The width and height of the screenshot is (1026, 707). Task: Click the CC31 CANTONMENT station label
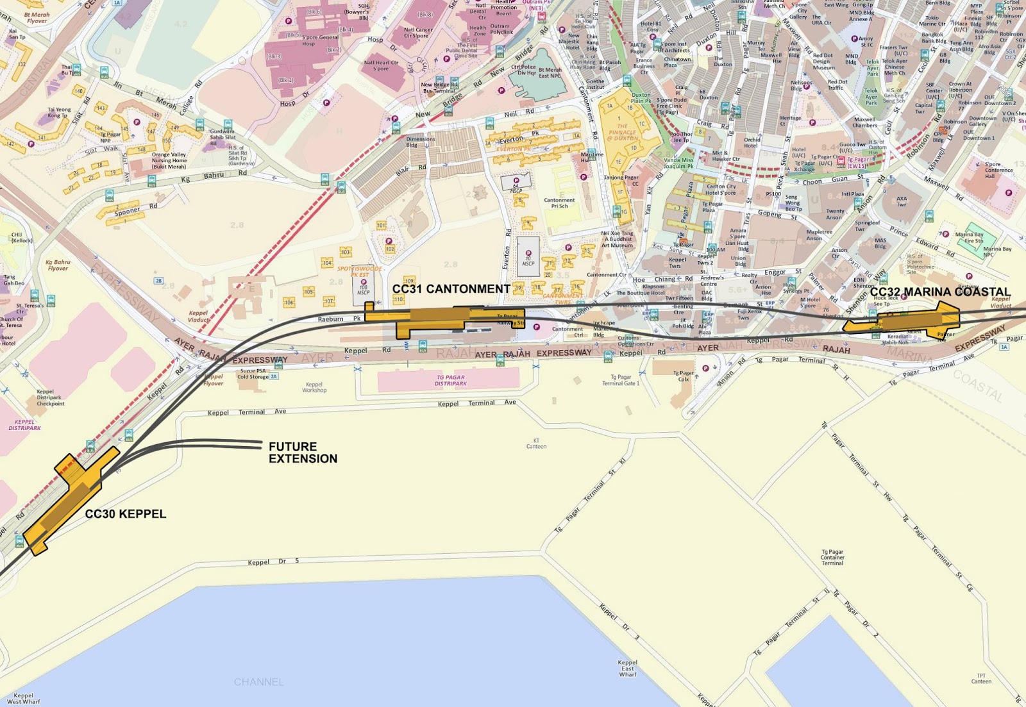(x=451, y=289)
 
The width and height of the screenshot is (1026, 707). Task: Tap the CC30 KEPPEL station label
(x=126, y=514)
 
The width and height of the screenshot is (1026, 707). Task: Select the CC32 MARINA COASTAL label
(x=939, y=292)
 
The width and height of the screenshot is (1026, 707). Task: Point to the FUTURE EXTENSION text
(x=302, y=453)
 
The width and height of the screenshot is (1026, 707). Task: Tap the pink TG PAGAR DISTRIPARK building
(x=449, y=380)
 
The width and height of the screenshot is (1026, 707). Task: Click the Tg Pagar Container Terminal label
(x=832, y=557)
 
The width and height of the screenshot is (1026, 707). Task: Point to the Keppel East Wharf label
(x=627, y=668)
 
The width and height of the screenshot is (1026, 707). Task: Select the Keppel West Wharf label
(x=24, y=699)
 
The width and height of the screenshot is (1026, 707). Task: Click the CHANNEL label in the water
(x=258, y=682)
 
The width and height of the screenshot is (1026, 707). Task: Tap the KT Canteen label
(x=536, y=444)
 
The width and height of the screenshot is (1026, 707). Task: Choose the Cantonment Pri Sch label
(x=559, y=203)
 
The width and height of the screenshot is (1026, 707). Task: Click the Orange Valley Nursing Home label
(x=169, y=160)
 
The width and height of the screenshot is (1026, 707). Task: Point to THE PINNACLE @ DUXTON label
(x=623, y=132)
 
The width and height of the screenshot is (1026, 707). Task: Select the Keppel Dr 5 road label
(x=273, y=561)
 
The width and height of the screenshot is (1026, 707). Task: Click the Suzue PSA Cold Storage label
(x=253, y=374)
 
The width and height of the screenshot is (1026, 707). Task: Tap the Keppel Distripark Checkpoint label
(x=49, y=397)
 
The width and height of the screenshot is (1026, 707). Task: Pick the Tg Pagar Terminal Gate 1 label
(x=620, y=380)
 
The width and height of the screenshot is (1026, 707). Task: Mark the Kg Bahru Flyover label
(x=58, y=265)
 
